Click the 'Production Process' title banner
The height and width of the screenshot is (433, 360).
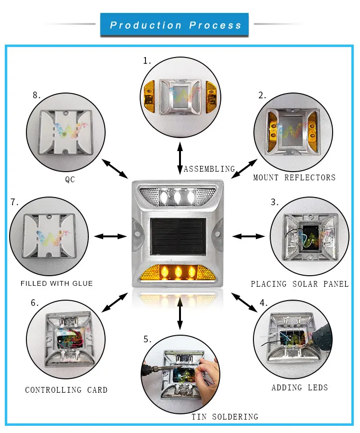coord(174,25)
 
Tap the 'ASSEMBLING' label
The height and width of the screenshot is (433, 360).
coord(209,169)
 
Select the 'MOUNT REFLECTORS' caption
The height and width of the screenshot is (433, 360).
coord(294,177)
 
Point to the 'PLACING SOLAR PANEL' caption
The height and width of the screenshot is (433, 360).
coord(300,284)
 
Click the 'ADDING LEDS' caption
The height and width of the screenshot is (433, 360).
coord(300,387)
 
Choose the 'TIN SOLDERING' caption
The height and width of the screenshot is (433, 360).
coord(225,417)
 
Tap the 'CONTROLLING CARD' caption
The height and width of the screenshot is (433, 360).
coord(66,390)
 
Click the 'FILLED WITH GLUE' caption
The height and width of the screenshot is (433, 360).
coord(57,283)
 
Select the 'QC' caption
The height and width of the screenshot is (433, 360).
coord(70,179)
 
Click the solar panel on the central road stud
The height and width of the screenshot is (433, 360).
coord(178,236)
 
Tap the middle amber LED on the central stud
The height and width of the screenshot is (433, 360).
coord(177,272)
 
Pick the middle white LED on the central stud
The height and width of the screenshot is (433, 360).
coord(177,197)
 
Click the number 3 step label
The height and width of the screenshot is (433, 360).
coord(274,202)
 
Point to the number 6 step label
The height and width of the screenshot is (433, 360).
coord(35,303)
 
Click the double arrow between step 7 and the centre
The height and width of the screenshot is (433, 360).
coord(110,236)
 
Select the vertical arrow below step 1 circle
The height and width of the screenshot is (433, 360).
coord(180,158)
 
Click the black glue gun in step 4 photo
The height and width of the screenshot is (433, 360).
coord(321,336)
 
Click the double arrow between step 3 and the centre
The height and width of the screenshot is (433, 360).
coord(249,236)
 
